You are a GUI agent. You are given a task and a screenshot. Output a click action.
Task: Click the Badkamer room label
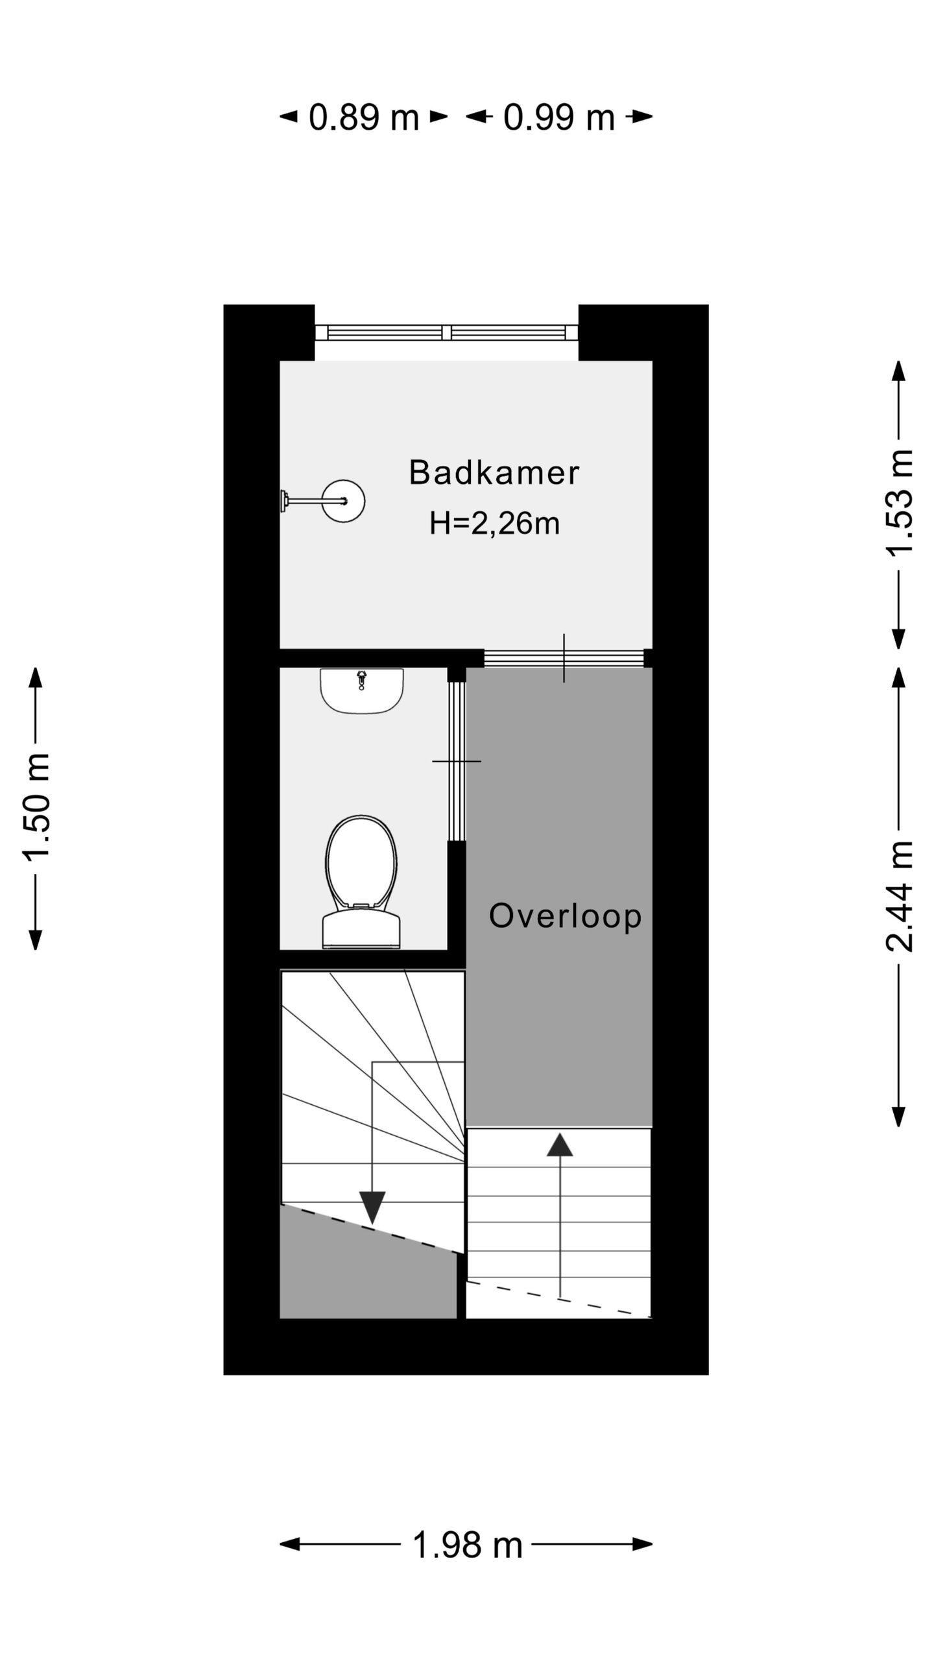point(494,473)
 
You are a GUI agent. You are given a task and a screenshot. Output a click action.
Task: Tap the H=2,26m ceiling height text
point(494,523)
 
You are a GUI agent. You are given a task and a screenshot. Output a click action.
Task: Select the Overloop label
point(565,916)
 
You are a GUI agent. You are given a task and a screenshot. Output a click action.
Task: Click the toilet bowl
point(361,862)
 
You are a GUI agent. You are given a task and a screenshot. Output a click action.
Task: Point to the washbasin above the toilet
point(361,690)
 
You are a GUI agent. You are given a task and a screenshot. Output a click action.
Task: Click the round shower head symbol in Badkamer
point(344,501)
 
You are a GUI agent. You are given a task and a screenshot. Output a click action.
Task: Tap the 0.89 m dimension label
point(364,117)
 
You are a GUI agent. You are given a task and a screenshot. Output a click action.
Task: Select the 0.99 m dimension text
point(558,117)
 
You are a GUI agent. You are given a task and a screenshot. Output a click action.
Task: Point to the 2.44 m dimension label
point(900,896)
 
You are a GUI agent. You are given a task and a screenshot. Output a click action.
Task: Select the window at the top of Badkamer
point(446,333)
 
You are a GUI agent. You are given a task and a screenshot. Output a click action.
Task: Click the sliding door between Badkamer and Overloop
point(564,658)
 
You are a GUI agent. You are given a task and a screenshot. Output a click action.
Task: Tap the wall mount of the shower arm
point(284,501)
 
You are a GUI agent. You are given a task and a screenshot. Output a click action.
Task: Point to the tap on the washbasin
point(361,679)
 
